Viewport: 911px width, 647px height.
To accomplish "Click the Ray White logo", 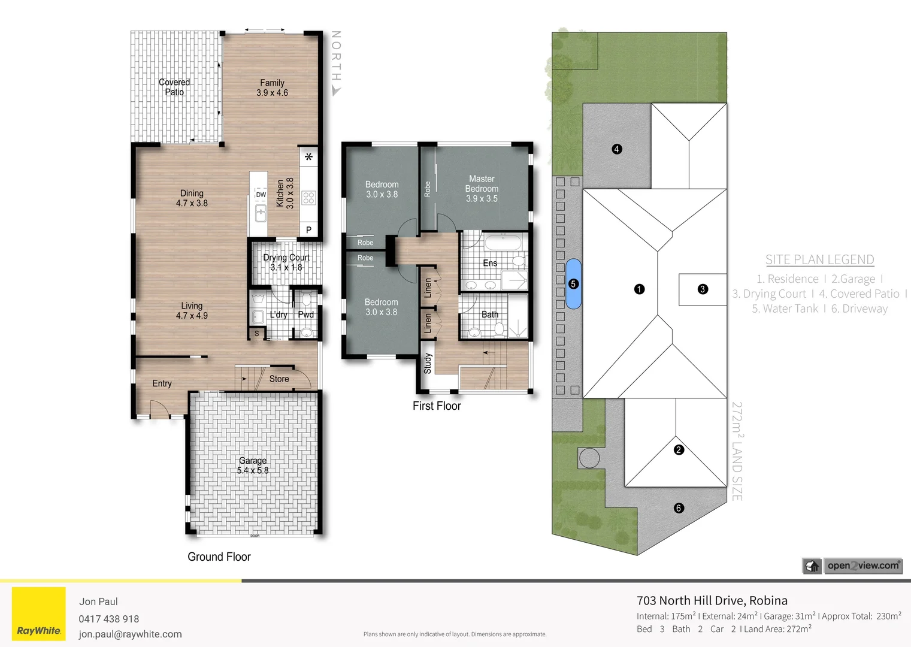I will (x=39, y=614).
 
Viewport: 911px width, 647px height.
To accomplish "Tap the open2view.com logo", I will (x=852, y=566).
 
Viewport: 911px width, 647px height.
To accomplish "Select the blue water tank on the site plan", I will (x=573, y=284).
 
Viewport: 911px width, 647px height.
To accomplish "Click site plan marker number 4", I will (x=617, y=149).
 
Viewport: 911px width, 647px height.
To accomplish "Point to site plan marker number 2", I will (x=679, y=450).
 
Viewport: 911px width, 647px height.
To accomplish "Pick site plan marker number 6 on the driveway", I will (x=679, y=508).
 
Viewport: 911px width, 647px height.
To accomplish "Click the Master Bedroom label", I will (x=482, y=189).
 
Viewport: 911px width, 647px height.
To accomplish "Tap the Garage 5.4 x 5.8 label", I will (x=253, y=465).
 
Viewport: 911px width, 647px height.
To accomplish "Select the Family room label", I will (x=272, y=87).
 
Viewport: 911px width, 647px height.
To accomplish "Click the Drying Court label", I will (x=286, y=262).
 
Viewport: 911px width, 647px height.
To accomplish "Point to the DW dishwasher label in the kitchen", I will (x=261, y=195).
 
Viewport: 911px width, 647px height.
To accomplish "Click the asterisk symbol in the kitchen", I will (x=308, y=158).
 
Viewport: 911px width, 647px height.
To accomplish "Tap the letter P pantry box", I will (x=308, y=230).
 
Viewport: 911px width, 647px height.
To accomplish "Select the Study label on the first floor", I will (x=428, y=363).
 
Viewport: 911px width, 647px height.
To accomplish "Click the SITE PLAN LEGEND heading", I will (x=819, y=259).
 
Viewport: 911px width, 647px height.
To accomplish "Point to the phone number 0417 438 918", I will (x=109, y=619).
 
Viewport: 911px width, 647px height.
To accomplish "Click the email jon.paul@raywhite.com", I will (x=131, y=634).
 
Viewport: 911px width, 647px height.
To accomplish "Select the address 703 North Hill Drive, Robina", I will (x=712, y=600).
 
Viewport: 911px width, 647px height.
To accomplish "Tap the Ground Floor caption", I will (x=219, y=557).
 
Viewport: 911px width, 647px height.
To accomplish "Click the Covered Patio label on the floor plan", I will (x=174, y=87).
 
